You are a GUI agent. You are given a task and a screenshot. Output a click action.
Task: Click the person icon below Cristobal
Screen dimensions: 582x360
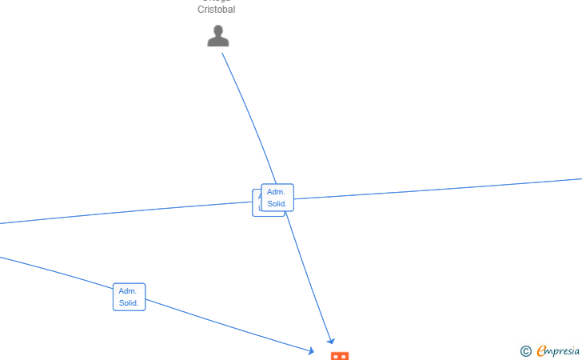[x=218, y=37]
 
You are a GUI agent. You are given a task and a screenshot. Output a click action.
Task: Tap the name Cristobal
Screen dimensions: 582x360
[x=217, y=10]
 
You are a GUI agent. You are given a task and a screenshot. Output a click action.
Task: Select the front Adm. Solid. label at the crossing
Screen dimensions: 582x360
[x=277, y=198]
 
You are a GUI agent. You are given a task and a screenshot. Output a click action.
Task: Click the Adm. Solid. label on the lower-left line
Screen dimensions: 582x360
[x=130, y=297]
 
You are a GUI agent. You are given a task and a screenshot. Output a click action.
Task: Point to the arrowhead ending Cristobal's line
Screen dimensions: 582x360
[x=331, y=341]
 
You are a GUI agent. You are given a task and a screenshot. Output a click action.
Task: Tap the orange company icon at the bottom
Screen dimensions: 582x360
[x=340, y=356]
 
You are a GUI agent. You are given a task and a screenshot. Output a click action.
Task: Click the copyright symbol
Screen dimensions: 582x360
[x=526, y=350]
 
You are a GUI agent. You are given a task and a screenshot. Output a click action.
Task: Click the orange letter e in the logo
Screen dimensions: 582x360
[x=542, y=350]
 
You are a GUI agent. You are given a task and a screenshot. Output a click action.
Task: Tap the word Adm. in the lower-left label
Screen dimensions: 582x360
[x=128, y=291]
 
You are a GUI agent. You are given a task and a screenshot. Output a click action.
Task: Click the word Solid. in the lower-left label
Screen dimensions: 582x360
[x=130, y=303]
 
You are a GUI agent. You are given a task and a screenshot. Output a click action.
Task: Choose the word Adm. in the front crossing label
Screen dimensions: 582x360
[x=276, y=192]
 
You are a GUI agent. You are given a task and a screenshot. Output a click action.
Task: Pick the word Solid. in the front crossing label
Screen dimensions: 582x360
[x=277, y=204]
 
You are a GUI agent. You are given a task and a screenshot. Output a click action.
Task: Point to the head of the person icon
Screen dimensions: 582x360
[x=218, y=30]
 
